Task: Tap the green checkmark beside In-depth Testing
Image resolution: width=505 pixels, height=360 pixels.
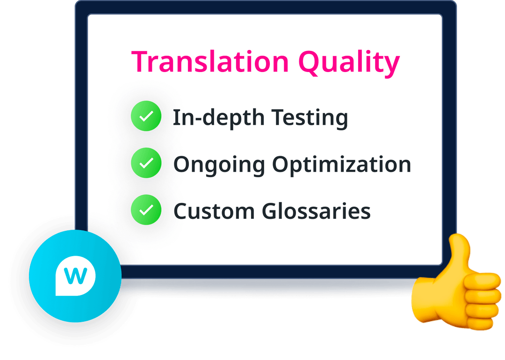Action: click(146, 117)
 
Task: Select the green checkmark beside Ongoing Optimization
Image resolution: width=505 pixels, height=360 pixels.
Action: click(146, 163)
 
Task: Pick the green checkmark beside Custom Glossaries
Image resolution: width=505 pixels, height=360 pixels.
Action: click(146, 210)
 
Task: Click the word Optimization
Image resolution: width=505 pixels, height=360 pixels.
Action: click(342, 165)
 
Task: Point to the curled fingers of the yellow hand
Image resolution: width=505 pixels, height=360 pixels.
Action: click(482, 299)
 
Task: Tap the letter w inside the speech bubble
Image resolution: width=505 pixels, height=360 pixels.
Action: click(75, 276)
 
